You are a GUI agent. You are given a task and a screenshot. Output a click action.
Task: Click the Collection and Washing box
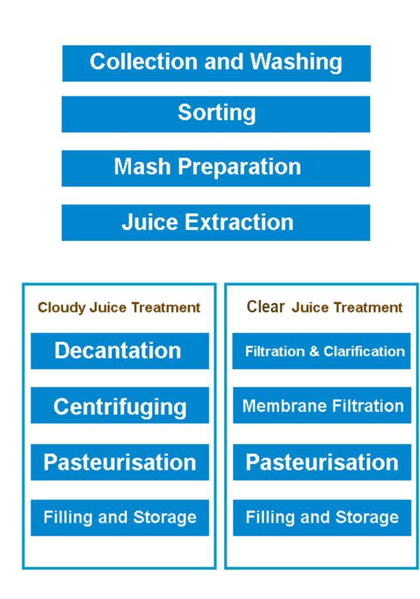(216, 63)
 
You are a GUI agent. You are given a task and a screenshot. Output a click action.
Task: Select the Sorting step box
(216, 114)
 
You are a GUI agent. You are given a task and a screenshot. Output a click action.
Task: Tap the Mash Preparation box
(216, 168)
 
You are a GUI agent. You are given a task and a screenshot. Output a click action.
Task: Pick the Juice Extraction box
(216, 223)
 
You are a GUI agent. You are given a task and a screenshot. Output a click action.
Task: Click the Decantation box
(120, 351)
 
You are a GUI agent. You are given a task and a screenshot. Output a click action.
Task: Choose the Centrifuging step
(120, 405)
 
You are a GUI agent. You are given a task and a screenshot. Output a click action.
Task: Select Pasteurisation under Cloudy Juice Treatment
(120, 462)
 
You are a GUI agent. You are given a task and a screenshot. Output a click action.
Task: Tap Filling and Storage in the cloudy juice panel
(120, 518)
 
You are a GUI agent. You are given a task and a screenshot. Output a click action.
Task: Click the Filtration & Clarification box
(321, 351)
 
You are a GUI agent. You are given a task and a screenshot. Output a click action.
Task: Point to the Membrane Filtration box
(322, 405)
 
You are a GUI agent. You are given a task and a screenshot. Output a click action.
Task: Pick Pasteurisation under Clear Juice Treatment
(322, 462)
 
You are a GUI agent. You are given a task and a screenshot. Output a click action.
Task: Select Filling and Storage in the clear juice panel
(322, 518)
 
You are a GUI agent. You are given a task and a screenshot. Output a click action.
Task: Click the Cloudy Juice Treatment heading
(119, 308)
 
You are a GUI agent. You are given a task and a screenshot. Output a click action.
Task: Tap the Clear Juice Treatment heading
(325, 307)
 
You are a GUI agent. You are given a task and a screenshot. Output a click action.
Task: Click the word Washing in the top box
(296, 62)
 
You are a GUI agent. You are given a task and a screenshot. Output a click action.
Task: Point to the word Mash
(142, 167)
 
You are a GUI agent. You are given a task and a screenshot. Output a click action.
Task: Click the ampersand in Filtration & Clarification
(314, 351)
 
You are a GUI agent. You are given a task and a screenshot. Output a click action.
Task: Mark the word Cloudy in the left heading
(61, 308)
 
